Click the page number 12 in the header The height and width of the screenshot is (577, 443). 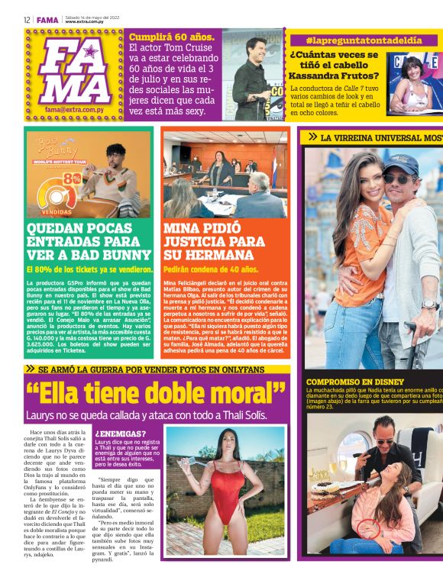pos(27,20)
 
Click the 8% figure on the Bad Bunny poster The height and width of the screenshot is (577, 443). pos(76,177)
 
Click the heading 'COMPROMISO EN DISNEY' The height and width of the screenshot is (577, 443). pos(355,382)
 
